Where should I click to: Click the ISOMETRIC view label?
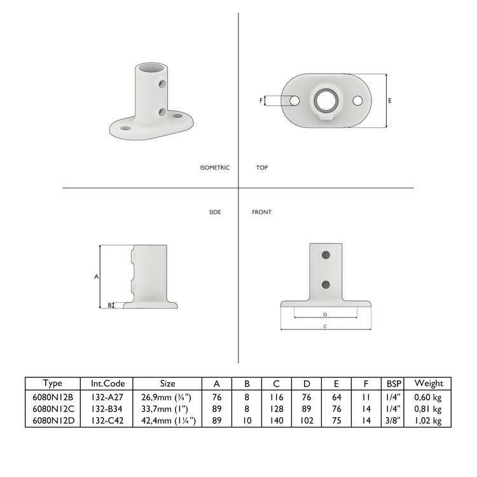click(214, 168)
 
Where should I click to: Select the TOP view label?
click(262, 168)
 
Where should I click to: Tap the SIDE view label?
click(215, 212)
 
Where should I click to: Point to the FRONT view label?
click(261, 212)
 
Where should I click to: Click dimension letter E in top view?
click(390, 100)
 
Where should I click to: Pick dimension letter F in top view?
click(261, 100)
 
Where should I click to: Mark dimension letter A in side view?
click(96, 277)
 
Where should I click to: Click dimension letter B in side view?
click(109, 305)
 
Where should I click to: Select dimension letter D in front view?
click(325, 314)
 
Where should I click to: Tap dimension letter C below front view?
click(325, 327)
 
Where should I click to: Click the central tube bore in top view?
click(326, 100)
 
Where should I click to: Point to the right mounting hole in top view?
click(357, 100)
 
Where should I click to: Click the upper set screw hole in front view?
click(326, 255)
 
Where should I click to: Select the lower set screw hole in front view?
click(326, 284)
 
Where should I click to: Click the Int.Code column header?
click(107, 384)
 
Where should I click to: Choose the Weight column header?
click(429, 384)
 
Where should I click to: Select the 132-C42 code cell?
click(107, 420)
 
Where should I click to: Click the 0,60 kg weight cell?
click(429, 396)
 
